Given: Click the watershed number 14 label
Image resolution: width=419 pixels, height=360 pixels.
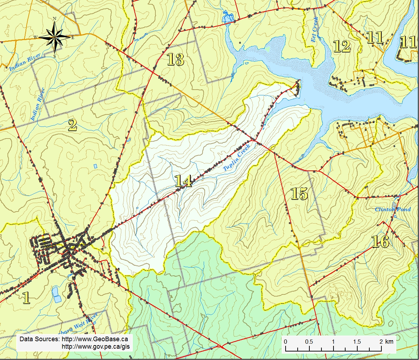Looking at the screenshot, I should point(183,181).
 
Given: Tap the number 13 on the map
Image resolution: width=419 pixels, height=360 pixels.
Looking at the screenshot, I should point(175,60).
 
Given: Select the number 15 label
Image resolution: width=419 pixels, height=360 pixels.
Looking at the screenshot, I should point(299,193).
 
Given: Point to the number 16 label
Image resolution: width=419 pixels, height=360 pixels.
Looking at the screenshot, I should point(380,242).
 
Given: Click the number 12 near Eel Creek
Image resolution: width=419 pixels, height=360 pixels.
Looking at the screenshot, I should point(342,46).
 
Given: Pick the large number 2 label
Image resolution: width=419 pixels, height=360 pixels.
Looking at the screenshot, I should point(72,125).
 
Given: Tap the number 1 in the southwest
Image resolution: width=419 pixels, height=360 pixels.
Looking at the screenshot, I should point(26,298).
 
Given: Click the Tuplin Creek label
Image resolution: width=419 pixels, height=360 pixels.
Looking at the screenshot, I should point(237,158).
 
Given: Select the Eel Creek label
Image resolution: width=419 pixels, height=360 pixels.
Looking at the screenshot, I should point(314,29).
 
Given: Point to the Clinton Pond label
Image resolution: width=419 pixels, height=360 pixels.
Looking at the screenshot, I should point(393,209).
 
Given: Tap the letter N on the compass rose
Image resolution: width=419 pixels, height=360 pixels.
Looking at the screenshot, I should point(55,19).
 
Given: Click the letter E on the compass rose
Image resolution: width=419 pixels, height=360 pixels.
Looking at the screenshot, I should point(73,37).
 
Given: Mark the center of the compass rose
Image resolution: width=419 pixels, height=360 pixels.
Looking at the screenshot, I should point(55,37).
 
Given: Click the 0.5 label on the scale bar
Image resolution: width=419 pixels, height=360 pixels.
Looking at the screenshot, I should point(309,342).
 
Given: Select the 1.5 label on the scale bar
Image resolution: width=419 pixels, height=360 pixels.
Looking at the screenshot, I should point(357,342).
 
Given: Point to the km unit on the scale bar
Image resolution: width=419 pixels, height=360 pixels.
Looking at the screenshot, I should point(389,342).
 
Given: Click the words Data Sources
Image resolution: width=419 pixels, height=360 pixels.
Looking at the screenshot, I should point(39,339).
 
